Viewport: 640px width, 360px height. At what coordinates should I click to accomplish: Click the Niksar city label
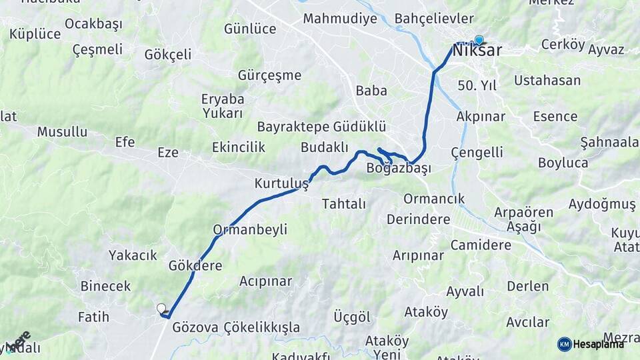tap(477, 51)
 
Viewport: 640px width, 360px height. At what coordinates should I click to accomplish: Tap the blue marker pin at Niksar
tap(479, 40)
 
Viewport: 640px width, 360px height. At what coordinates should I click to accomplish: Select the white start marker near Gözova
tap(161, 308)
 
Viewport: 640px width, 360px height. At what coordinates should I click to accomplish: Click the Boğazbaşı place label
tap(399, 169)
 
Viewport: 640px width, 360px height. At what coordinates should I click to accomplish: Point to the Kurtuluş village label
tap(281, 183)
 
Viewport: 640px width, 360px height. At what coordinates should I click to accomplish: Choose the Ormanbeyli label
tap(250, 230)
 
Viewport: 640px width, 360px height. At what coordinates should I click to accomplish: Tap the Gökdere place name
tap(195, 265)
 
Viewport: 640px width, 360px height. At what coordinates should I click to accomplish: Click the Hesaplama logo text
tap(599, 344)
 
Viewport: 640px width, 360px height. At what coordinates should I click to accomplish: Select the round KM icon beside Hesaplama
tap(564, 344)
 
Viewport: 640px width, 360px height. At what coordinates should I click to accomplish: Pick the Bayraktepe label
tap(293, 127)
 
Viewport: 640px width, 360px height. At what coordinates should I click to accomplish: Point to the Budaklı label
tap(325, 147)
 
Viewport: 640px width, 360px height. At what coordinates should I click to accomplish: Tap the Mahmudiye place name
tap(340, 19)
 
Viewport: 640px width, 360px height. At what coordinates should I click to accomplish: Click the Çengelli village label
tap(477, 153)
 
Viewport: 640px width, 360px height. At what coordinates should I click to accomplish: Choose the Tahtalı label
tap(344, 204)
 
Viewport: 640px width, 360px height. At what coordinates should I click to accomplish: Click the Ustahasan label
tap(547, 81)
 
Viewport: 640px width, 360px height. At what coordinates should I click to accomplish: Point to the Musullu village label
tap(62, 132)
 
